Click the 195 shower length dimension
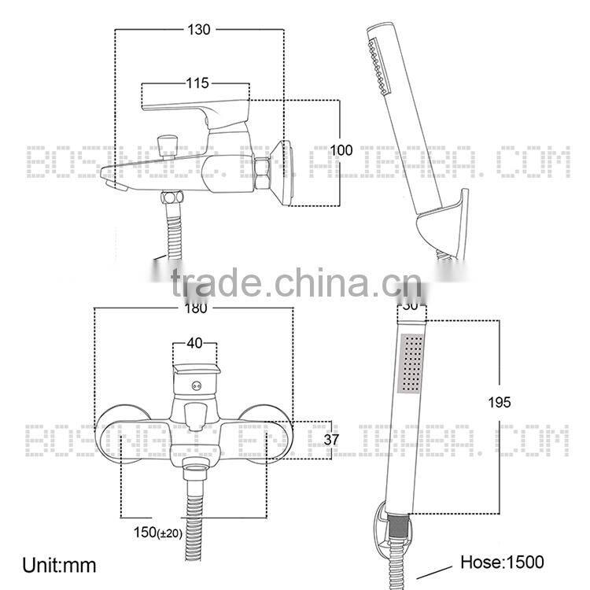click(x=499, y=402)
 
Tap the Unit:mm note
click(x=60, y=565)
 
